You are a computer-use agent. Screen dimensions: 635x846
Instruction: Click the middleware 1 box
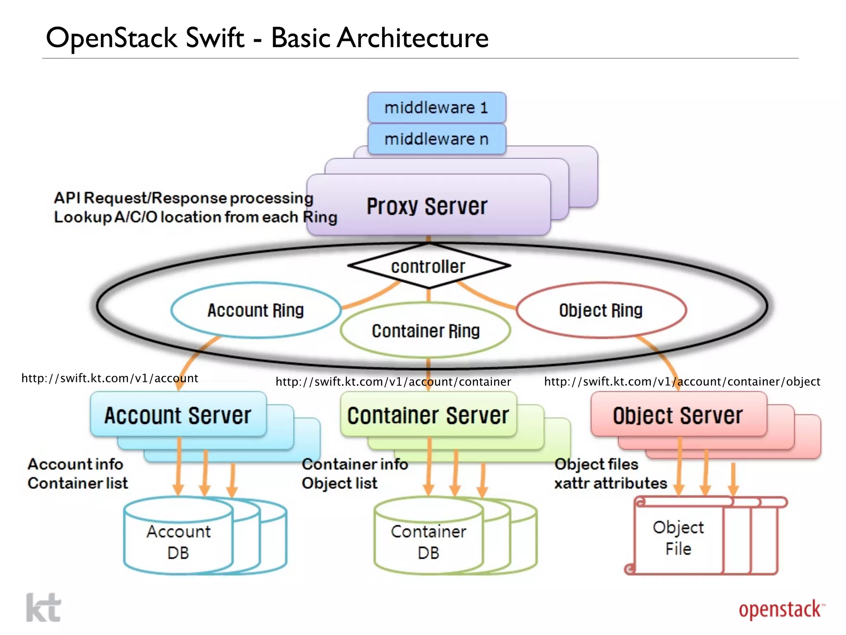tap(436, 107)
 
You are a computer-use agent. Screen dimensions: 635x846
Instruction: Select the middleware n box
tap(436, 139)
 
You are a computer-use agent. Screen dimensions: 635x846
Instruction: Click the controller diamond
tap(428, 266)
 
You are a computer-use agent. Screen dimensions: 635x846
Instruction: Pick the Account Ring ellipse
tap(256, 310)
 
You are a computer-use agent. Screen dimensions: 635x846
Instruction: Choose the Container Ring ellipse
tap(425, 331)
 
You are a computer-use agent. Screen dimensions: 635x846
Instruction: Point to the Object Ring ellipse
tap(601, 310)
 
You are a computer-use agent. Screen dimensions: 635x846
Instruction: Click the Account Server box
tap(178, 415)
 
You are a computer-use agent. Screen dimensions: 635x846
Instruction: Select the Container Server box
tap(428, 415)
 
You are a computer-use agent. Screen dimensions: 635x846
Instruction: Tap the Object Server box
tap(678, 415)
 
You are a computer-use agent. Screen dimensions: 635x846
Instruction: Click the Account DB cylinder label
tap(178, 542)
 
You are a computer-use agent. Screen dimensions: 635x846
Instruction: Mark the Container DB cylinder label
tap(428, 542)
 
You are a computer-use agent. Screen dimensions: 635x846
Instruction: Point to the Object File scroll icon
tap(678, 537)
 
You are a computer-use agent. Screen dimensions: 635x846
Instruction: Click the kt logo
tap(43, 608)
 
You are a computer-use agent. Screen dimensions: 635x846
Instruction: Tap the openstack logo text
tap(780, 609)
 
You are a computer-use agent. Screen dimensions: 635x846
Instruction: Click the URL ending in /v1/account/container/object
tap(682, 381)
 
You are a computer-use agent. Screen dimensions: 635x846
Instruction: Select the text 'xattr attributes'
tap(611, 483)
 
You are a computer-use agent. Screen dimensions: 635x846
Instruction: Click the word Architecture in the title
tap(412, 38)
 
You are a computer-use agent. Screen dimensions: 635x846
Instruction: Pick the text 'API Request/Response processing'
tap(183, 198)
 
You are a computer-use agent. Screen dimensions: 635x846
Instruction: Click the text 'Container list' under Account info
tap(78, 483)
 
